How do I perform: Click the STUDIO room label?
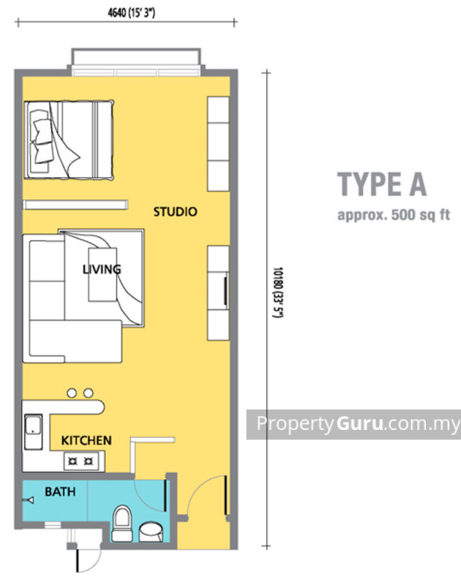pos(175,212)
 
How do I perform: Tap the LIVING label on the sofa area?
pos(102,270)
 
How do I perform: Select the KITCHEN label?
pos(86,440)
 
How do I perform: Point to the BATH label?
pos(60,492)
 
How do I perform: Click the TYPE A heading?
pos(381,184)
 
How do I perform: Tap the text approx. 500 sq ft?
pos(392,216)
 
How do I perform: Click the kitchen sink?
pos(33,432)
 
